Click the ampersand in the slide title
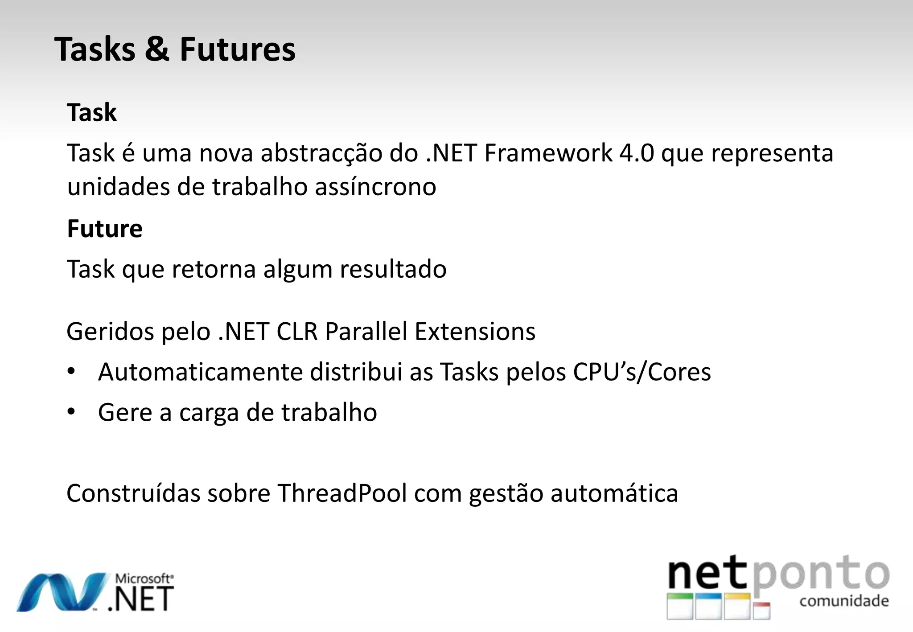click(157, 49)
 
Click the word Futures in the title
click(237, 49)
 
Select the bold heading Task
click(92, 112)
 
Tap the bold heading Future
click(105, 229)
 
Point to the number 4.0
click(637, 153)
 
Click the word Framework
click(548, 153)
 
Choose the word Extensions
click(475, 331)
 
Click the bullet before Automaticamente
click(71, 371)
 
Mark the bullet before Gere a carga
click(71, 412)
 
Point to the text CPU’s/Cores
click(642, 372)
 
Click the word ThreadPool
click(342, 493)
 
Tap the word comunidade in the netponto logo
click(844, 601)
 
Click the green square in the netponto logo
click(680, 606)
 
